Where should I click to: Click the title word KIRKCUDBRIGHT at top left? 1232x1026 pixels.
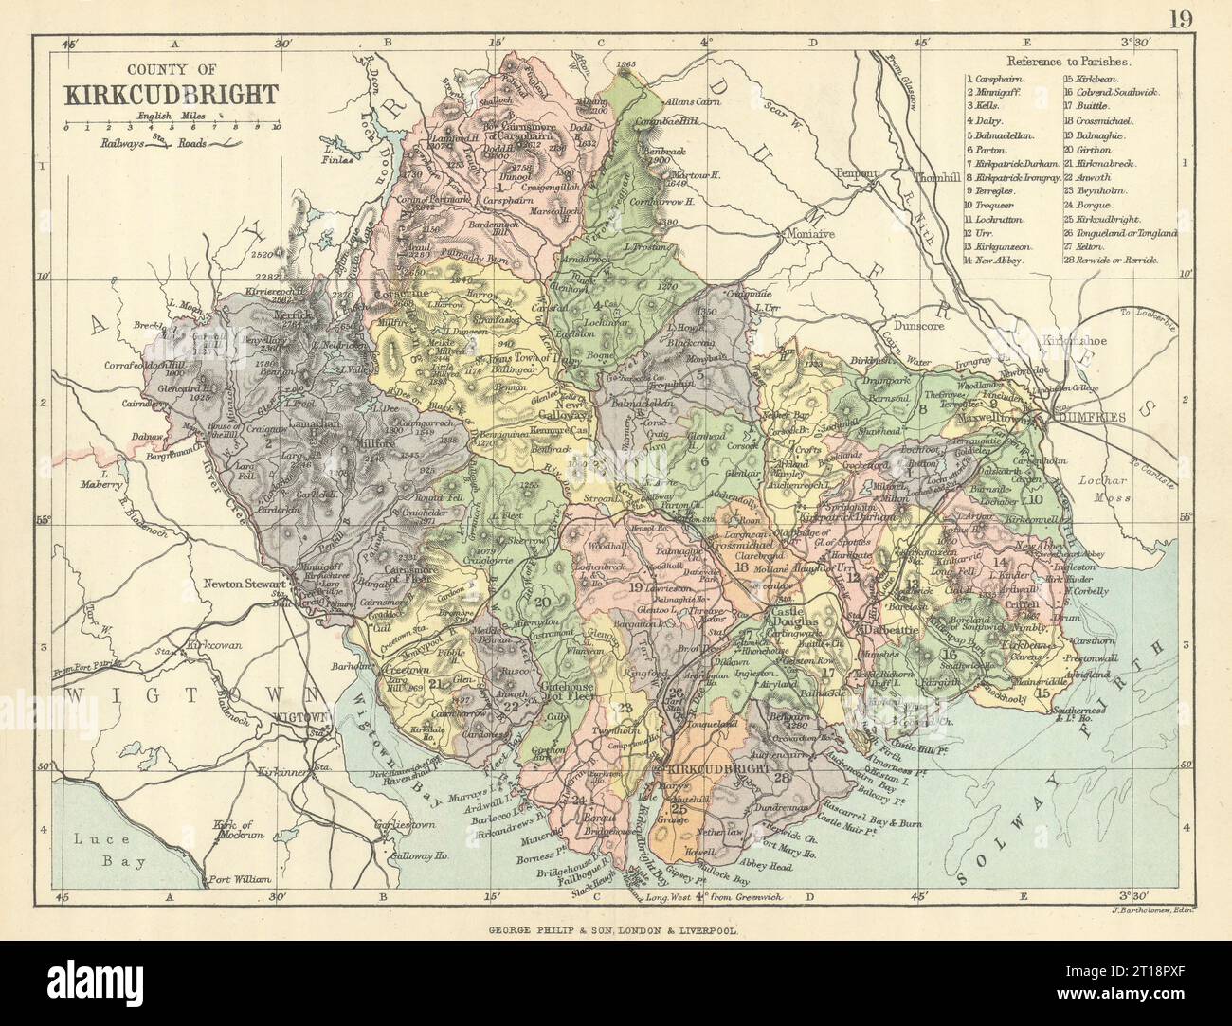coord(171,94)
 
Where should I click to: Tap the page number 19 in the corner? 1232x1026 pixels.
coord(1198,16)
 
